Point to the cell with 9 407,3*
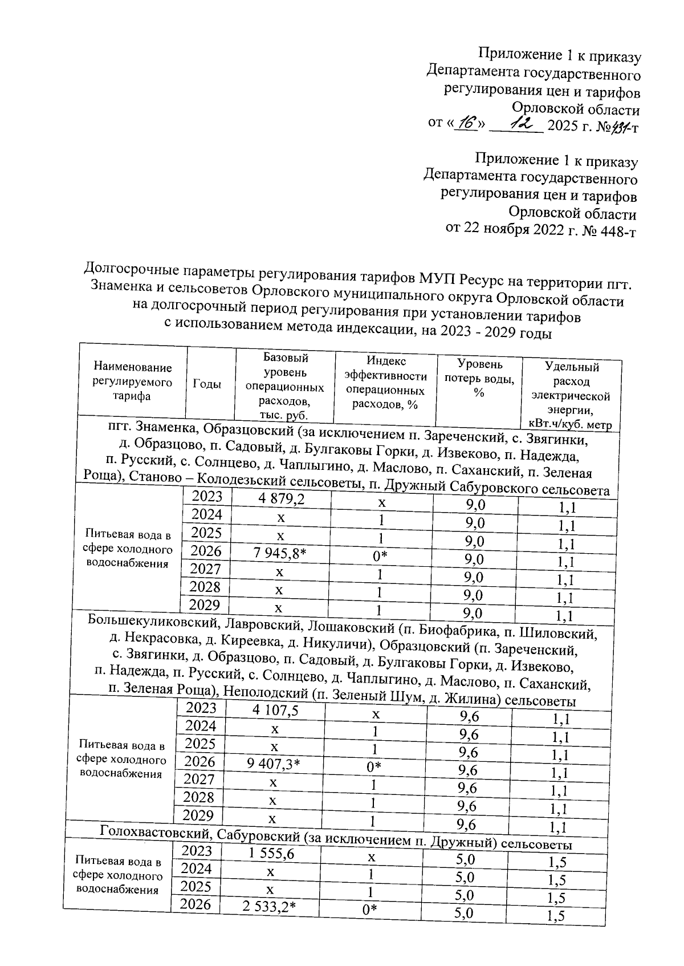click(x=274, y=764)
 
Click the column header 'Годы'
click(x=207, y=384)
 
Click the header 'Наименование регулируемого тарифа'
click(x=132, y=381)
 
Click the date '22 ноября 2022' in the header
click(x=520, y=231)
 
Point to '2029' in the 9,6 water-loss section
click(x=201, y=815)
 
